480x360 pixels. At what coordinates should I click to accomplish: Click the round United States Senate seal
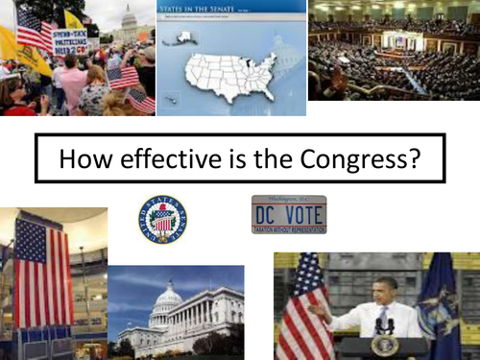click(x=162, y=219)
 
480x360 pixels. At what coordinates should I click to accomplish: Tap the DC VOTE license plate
click(x=288, y=214)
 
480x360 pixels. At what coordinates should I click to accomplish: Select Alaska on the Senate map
click(x=180, y=39)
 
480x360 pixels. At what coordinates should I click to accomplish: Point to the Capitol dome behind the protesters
click(x=128, y=21)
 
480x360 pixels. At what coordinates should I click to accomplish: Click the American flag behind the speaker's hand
click(x=304, y=307)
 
